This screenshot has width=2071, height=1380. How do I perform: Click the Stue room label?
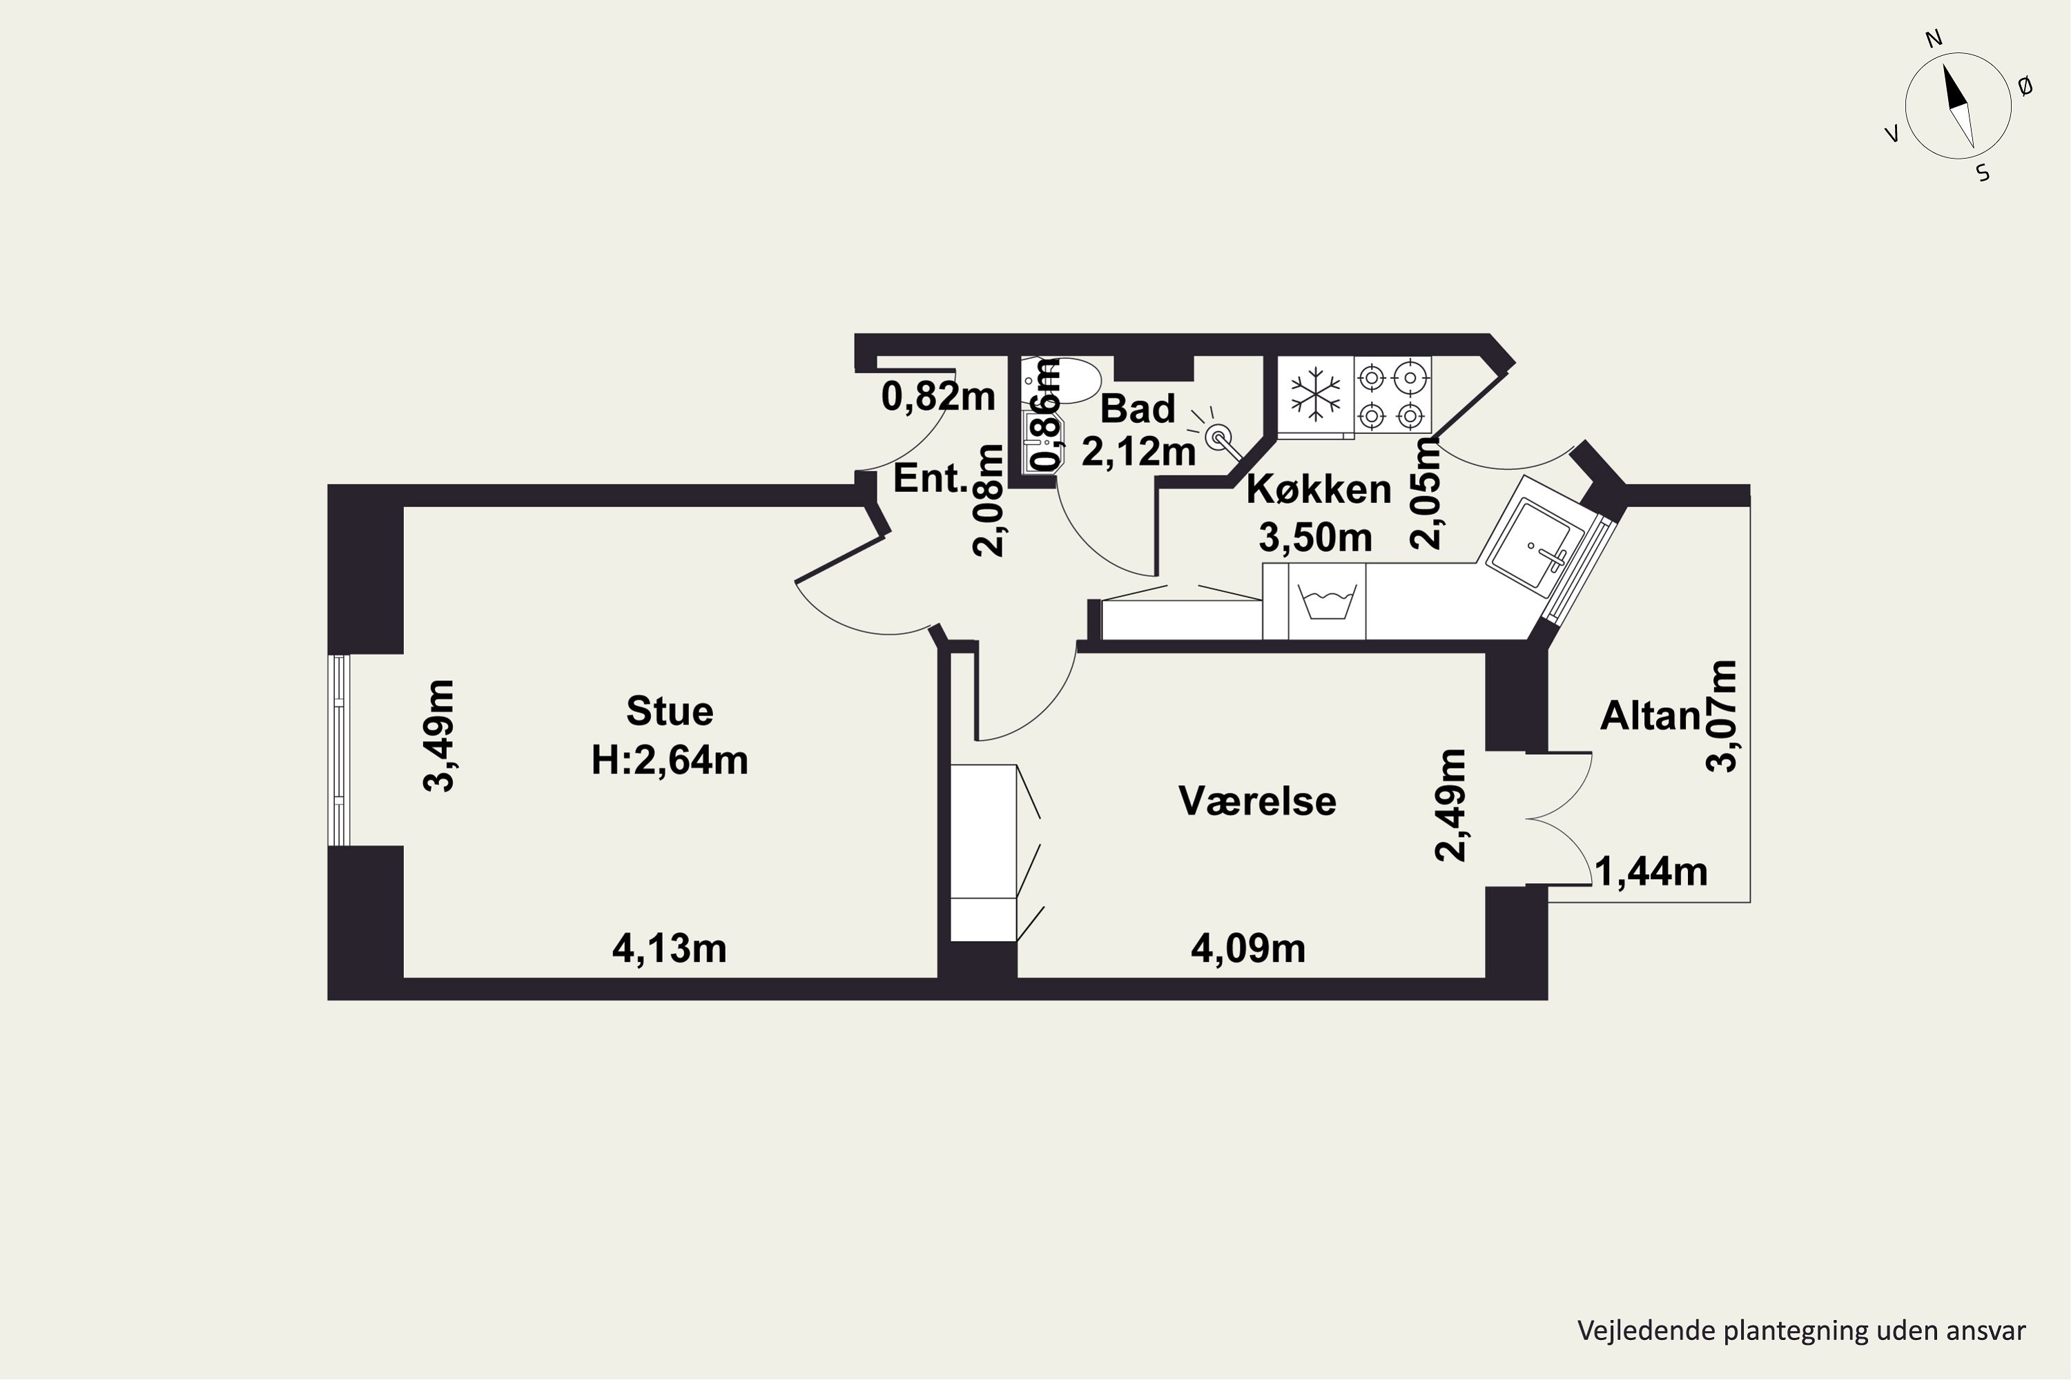pyautogui.click(x=669, y=711)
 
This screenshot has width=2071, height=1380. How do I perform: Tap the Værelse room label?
pyautogui.click(x=1257, y=801)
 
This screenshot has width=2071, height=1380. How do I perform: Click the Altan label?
pyautogui.click(x=1650, y=716)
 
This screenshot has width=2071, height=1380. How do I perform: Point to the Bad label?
pyautogui.click(x=1138, y=409)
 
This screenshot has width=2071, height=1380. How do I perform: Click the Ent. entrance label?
pyautogui.click(x=931, y=479)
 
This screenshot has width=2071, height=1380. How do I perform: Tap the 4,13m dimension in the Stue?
pyautogui.click(x=669, y=949)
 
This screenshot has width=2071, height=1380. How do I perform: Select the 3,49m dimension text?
pyautogui.click(x=439, y=736)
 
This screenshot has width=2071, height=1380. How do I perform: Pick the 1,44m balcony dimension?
pyautogui.click(x=1651, y=872)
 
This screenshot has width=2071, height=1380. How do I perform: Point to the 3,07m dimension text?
pyautogui.click(x=1722, y=716)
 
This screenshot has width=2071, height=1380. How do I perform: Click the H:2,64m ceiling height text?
pyautogui.click(x=669, y=760)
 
